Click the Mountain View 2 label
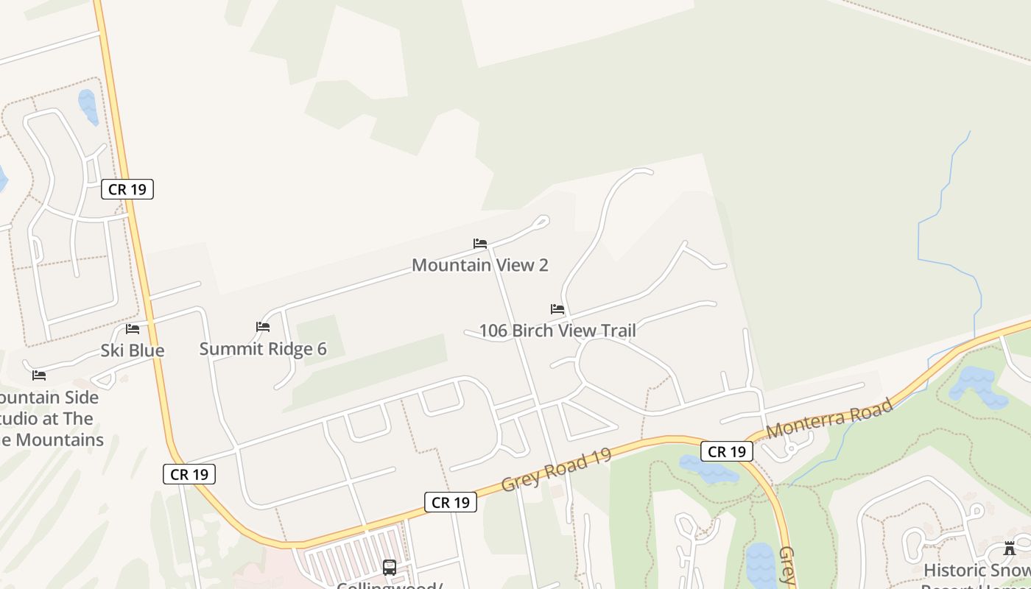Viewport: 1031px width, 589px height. point(479,265)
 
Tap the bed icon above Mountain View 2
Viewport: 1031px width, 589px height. point(480,244)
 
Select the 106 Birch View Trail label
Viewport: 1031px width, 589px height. point(557,331)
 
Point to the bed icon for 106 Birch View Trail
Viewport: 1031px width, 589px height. point(557,309)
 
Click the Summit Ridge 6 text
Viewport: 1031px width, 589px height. point(263,349)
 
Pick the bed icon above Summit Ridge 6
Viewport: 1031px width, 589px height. point(263,327)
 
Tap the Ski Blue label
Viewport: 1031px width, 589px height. point(133,350)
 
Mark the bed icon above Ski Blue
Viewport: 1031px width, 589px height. point(133,329)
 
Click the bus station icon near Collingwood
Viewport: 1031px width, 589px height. point(390,568)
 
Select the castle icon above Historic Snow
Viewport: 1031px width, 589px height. point(1010,549)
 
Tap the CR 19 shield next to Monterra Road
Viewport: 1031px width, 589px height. point(727,452)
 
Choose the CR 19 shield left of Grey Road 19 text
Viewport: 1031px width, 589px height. point(451,503)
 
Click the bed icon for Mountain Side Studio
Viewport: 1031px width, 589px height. point(39,375)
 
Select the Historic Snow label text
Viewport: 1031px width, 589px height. point(977,571)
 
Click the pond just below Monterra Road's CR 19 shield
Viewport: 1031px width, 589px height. point(708,469)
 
